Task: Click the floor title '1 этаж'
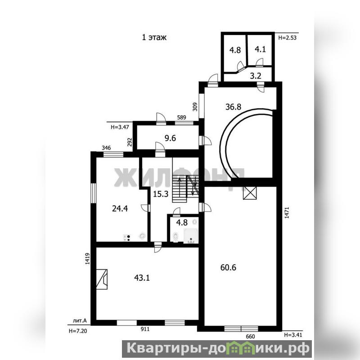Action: click(154, 37)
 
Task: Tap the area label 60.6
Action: click(228, 267)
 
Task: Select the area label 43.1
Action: click(142, 278)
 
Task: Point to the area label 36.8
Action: click(233, 107)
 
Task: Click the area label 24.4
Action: click(120, 208)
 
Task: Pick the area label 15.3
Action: click(161, 194)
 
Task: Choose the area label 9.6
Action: click(170, 138)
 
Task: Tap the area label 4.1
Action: click(261, 49)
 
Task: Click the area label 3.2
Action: click(256, 76)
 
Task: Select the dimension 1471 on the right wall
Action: click(287, 212)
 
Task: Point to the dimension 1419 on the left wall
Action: click(87, 259)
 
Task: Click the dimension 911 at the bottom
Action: click(145, 329)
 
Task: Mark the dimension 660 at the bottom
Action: click(250, 336)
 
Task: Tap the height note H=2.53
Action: click(287, 38)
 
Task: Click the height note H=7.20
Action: click(78, 331)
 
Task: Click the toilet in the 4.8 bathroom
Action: click(175, 237)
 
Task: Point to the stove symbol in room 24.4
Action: click(127, 238)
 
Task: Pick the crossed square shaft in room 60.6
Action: click(250, 193)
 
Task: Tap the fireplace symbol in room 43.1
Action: click(102, 279)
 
